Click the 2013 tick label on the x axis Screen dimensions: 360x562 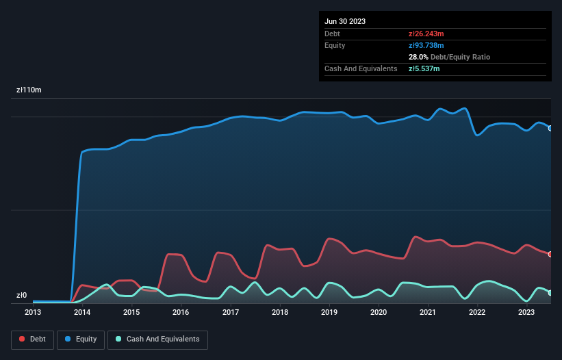(x=33, y=312)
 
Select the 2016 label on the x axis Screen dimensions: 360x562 (x=181, y=312)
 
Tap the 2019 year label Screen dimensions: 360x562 (x=329, y=312)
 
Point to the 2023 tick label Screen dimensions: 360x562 (x=526, y=312)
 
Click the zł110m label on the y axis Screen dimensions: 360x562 (x=29, y=90)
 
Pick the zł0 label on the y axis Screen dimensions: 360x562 (x=22, y=296)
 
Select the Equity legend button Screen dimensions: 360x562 (x=81, y=339)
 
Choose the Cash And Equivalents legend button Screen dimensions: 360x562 (x=157, y=339)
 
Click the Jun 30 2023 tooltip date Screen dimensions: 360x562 (x=345, y=21)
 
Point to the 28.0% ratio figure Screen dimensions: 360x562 (x=419, y=57)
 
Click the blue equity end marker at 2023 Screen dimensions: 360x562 (x=550, y=128)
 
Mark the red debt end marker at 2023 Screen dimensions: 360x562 (x=550, y=254)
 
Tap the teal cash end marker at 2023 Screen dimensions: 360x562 (x=550, y=293)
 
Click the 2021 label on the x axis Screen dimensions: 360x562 (x=428, y=312)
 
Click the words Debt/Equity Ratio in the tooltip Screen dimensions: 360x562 (x=461, y=57)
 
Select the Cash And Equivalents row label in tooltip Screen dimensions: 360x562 (x=361, y=68)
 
